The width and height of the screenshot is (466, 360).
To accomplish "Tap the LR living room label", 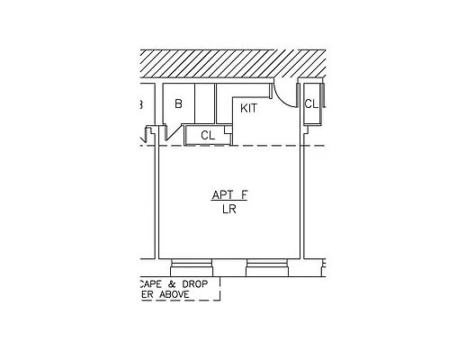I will point(229,210).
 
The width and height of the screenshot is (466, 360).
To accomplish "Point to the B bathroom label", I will point(178,103).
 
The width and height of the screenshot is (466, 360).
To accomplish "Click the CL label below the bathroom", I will point(207,135).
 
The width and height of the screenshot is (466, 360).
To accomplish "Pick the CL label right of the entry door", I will point(310,103).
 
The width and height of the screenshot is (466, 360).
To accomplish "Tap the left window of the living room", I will point(191,266).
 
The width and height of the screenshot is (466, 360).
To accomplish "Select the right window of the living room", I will point(266,266).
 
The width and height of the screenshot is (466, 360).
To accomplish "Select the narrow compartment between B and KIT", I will point(205,103).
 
